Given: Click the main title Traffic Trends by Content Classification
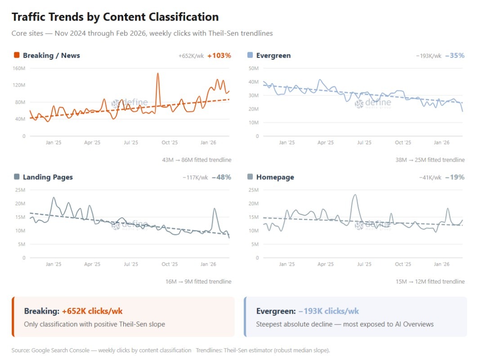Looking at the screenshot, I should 115,17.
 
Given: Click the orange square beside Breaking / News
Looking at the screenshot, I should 17,55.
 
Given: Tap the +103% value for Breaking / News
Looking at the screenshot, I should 219,56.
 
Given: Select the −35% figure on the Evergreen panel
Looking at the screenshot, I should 454,56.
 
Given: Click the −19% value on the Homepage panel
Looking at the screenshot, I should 454,177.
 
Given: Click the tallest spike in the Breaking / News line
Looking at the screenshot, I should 158,74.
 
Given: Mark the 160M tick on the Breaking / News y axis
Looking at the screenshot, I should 19,68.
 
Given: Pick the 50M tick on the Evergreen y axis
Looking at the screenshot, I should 253,68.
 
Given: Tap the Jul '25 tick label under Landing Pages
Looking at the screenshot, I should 131,264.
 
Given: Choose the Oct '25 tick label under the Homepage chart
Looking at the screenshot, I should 403,264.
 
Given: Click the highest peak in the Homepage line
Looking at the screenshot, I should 355,195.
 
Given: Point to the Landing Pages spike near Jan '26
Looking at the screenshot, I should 214,209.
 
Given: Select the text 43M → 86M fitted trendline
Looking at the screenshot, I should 197,160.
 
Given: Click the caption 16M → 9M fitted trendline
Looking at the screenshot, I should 198,281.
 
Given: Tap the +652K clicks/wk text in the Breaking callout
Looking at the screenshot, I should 92,311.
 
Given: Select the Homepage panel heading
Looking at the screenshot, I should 275,177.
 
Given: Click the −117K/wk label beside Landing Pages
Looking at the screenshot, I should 195,178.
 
